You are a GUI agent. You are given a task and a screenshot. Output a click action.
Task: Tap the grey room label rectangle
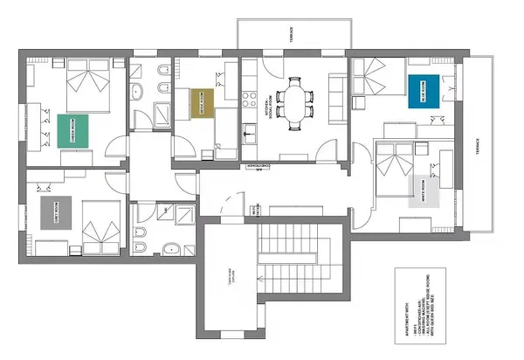[54, 212]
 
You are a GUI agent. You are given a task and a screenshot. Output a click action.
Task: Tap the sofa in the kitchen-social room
[337, 98]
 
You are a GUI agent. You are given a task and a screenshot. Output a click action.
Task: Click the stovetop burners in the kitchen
[247, 93]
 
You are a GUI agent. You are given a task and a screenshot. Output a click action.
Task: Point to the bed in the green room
[87, 87]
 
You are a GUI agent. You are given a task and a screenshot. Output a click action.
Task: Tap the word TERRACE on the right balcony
[479, 148]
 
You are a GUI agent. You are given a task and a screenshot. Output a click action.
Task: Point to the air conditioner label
[261, 165]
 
